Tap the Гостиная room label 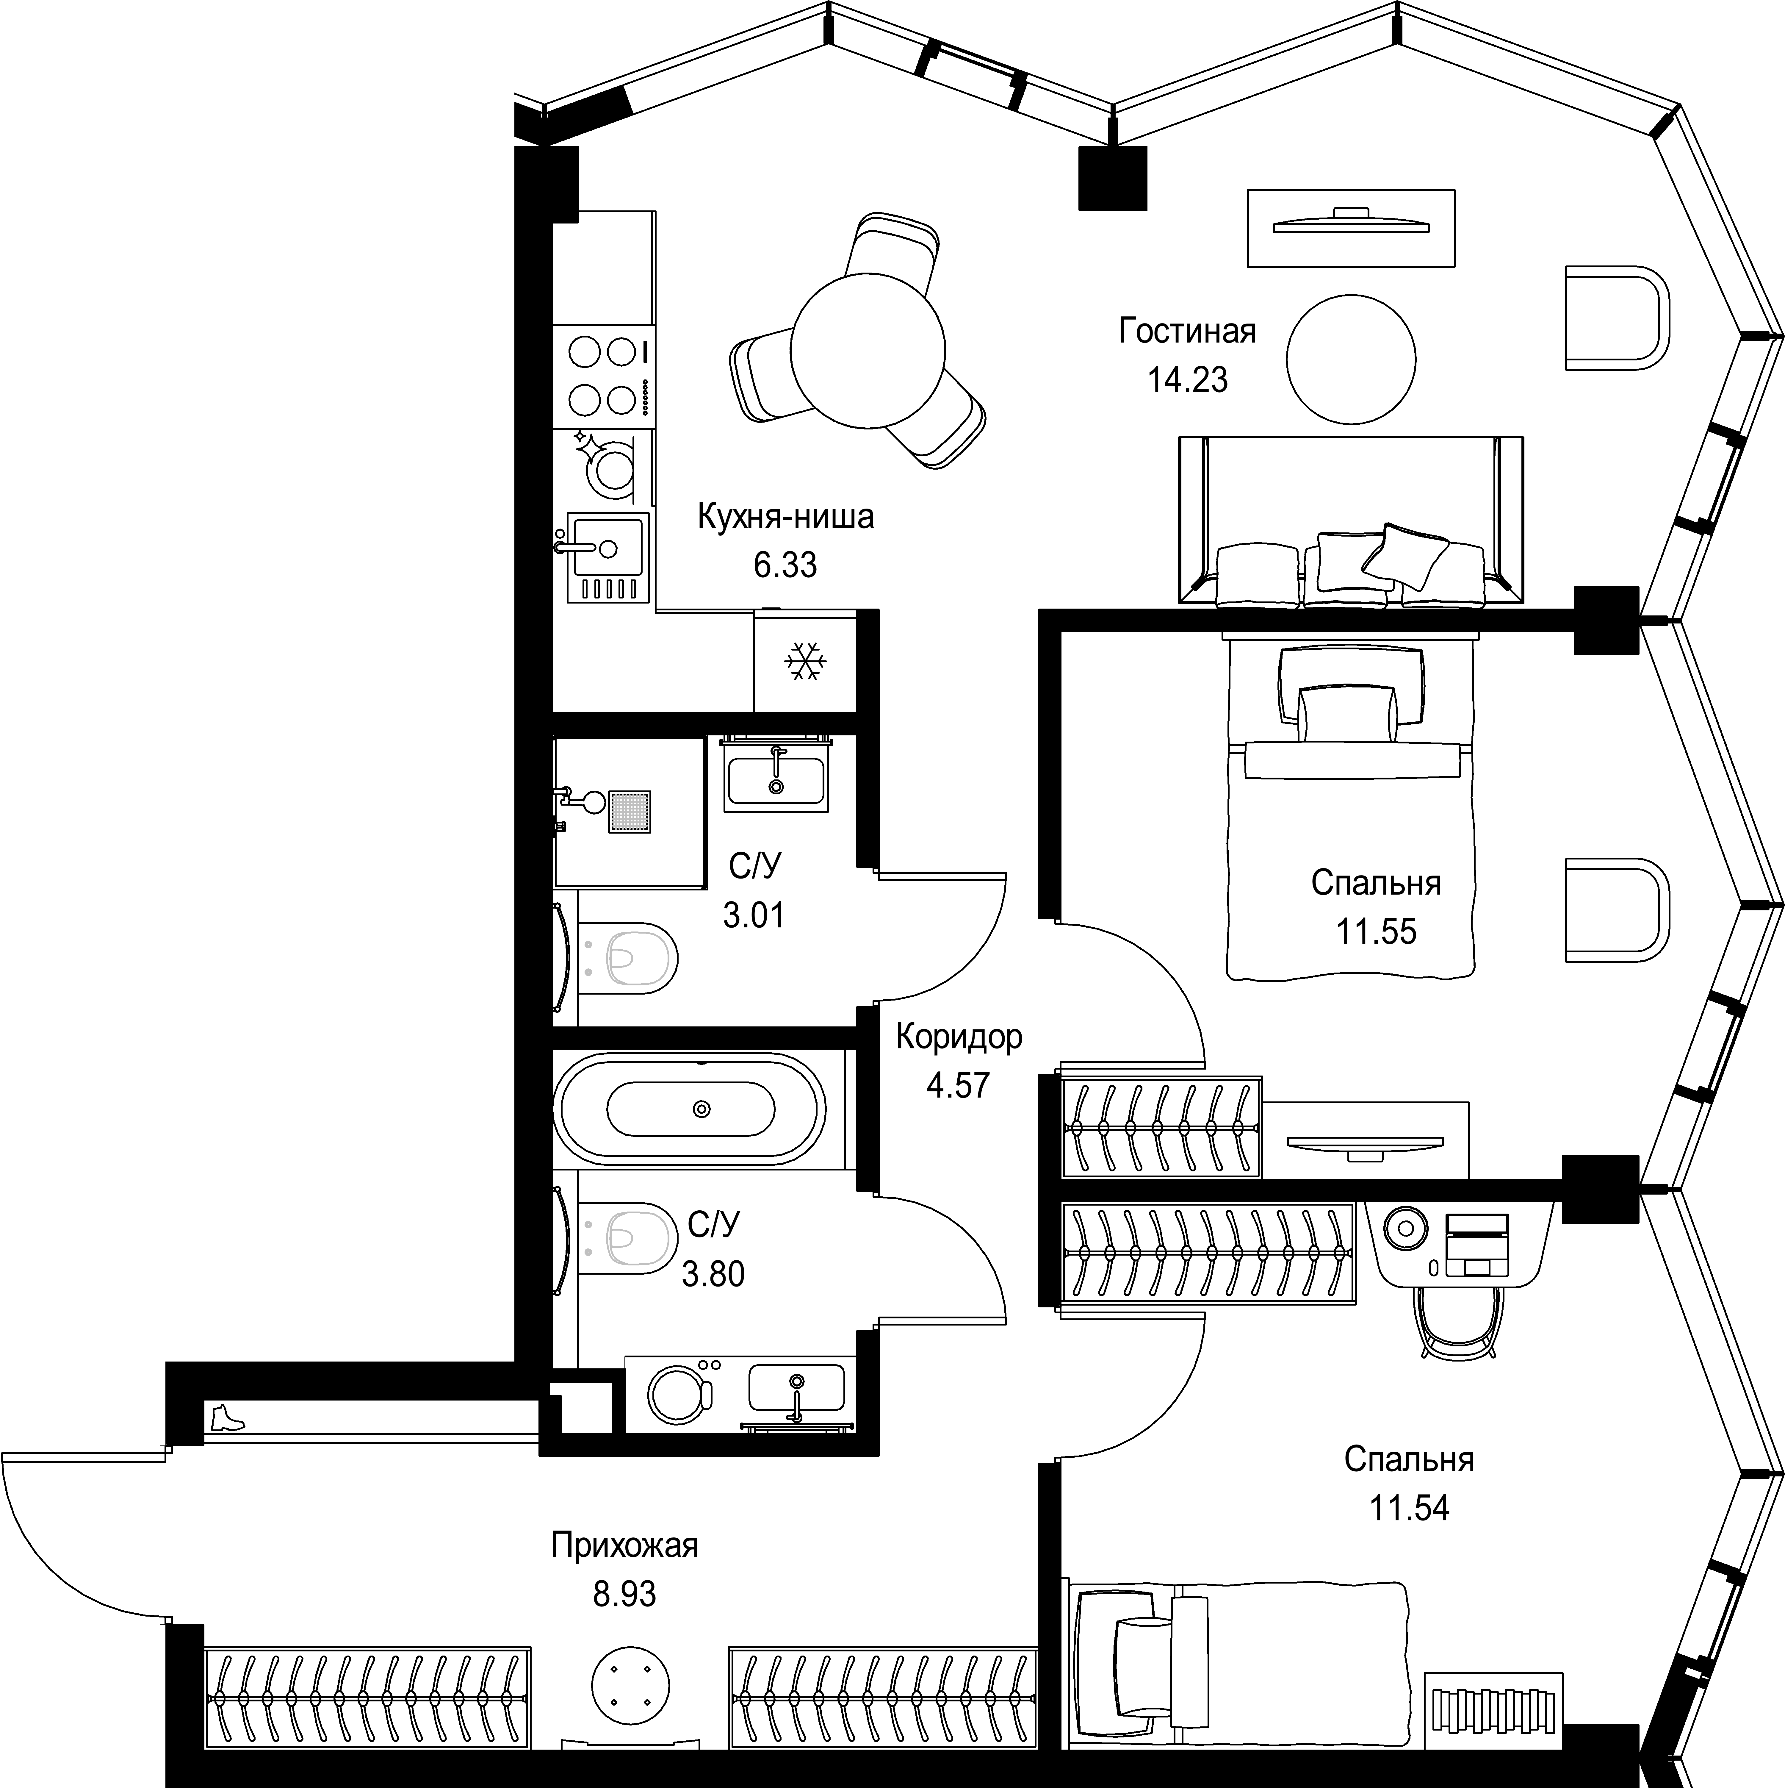pos(1187,331)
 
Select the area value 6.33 pos(785,565)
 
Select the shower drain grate pos(629,812)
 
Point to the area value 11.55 pos(1376,931)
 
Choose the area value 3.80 pos(713,1274)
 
